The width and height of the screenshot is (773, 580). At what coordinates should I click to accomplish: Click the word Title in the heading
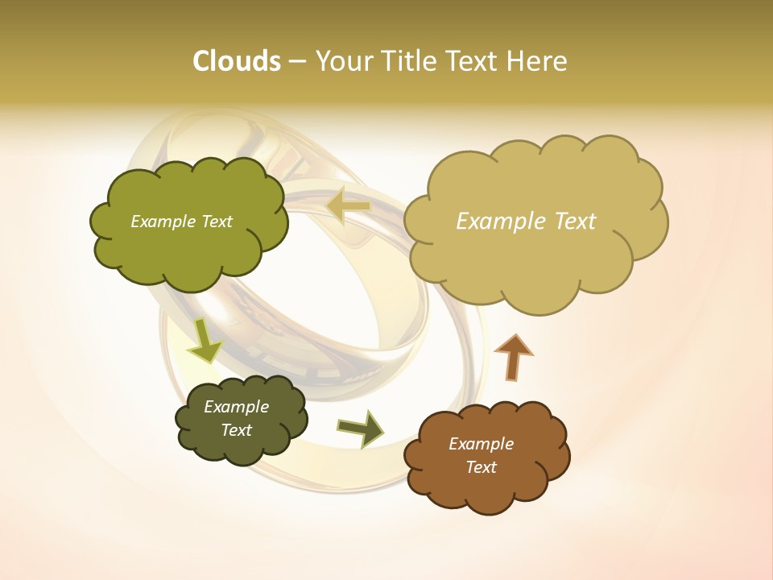tap(411, 61)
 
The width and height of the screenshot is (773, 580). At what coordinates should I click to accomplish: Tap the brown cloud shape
tap(487, 483)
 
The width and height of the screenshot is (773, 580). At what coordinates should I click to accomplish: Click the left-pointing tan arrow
tap(349, 207)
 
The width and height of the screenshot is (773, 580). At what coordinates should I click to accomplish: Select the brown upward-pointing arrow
tap(513, 357)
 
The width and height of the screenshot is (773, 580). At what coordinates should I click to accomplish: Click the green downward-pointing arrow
tap(205, 340)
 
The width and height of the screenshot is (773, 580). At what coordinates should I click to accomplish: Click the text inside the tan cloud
tap(526, 222)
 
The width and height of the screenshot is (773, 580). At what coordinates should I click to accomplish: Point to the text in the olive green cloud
tap(181, 222)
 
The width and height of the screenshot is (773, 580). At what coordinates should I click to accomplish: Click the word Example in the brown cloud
tap(481, 444)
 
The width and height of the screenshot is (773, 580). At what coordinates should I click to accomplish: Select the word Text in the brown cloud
tap(481, 467)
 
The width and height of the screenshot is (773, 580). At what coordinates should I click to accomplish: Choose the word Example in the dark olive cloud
tap(236, 407)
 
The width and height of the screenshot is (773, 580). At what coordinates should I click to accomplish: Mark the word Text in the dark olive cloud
tap(236, 430)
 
